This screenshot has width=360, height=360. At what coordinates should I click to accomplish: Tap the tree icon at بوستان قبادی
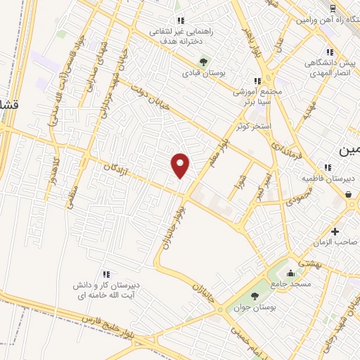coord(205,60)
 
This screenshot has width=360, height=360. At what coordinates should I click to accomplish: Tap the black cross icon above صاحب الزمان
coord(335,231)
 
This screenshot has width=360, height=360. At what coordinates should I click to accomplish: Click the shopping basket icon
coord(349,193)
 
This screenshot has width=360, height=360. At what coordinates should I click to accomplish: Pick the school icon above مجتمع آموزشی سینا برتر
coord(257,82)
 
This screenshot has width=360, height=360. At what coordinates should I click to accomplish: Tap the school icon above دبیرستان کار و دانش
coord(105,274)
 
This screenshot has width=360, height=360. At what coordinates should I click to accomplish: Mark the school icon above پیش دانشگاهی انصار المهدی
coord(329,52)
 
